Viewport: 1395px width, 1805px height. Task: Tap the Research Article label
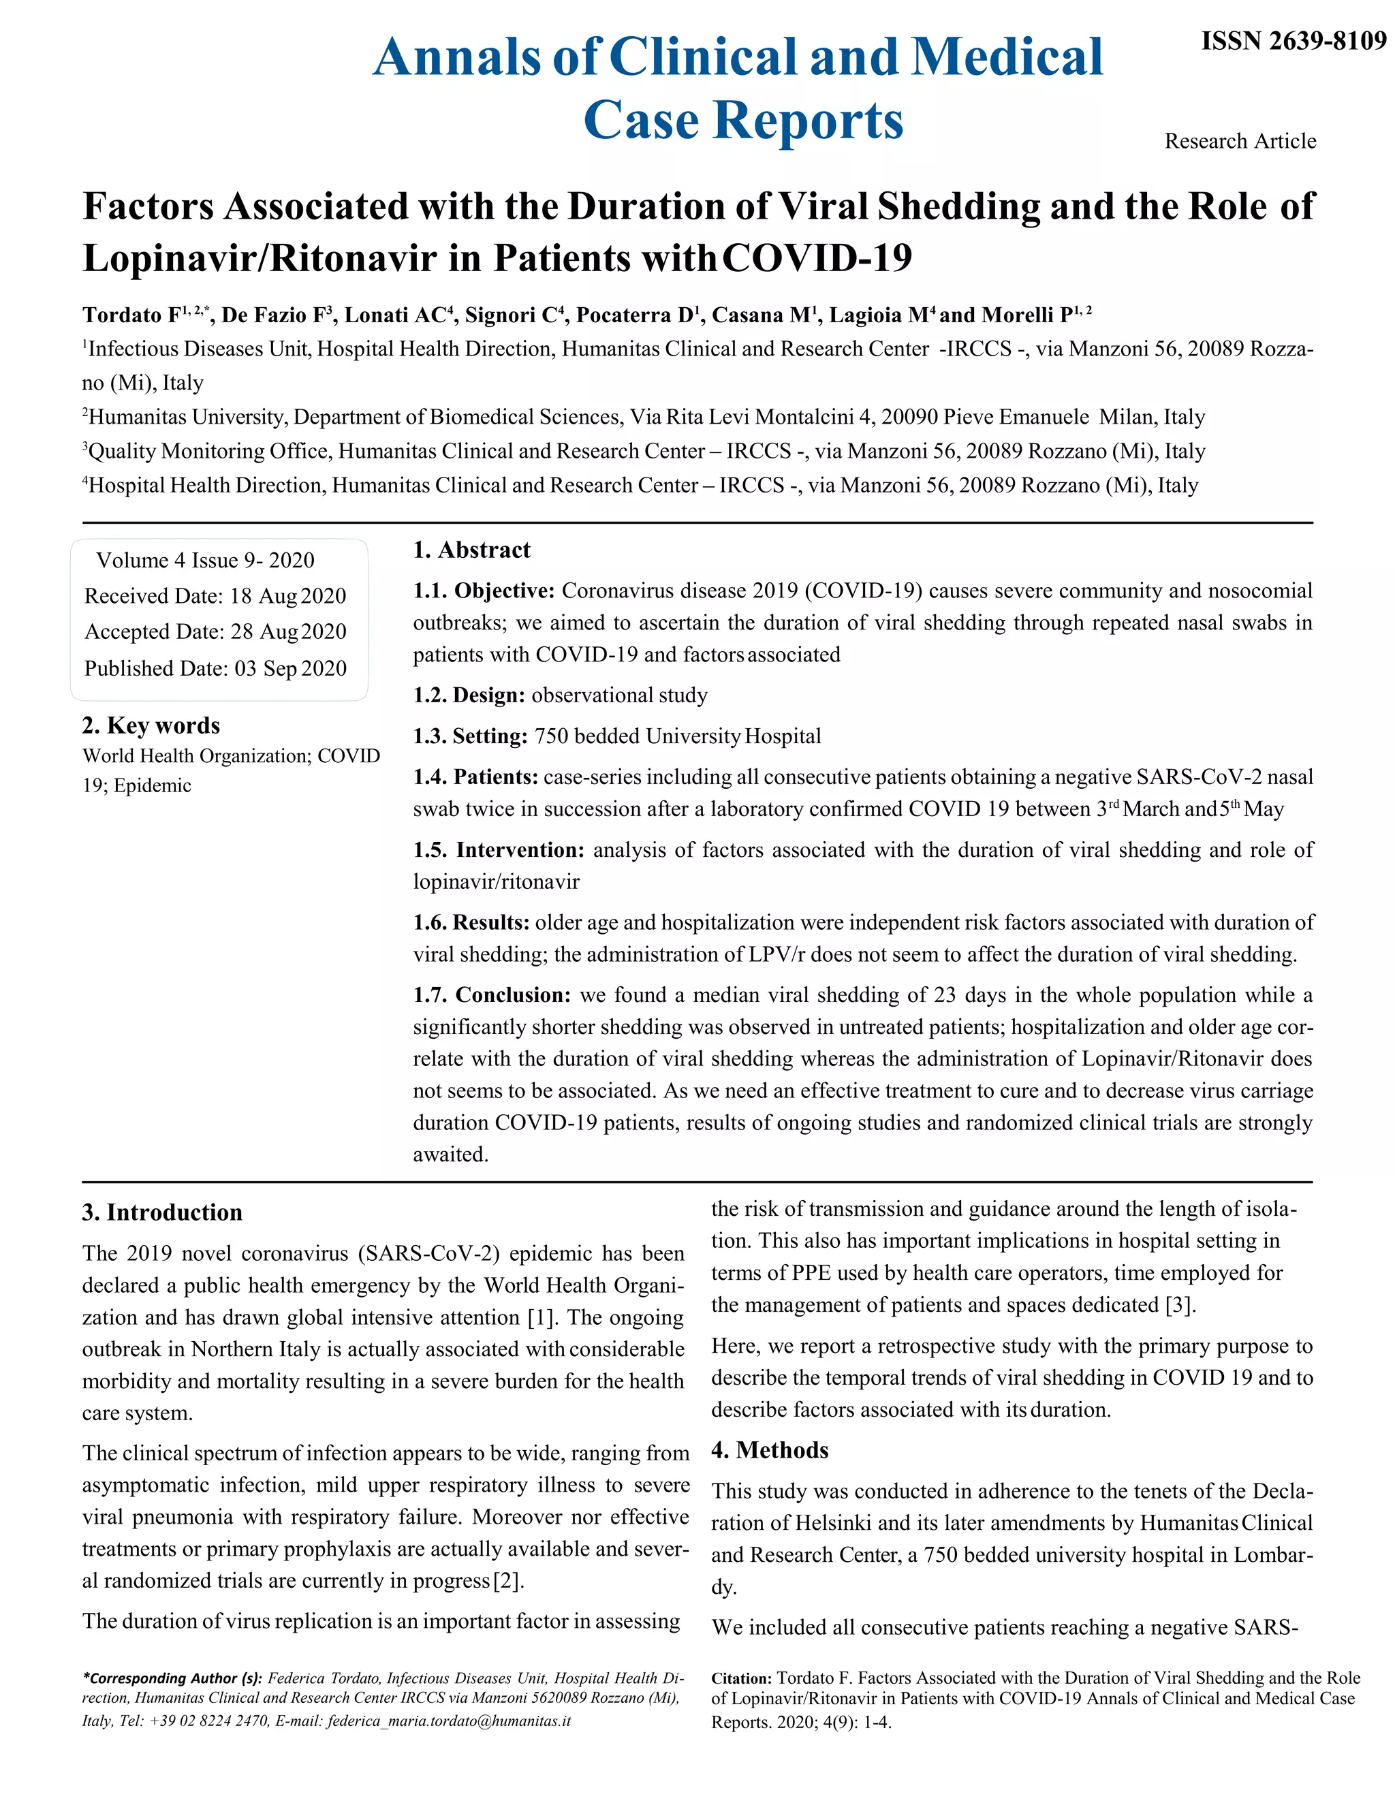1240,141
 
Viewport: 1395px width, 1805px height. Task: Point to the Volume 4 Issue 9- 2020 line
205,561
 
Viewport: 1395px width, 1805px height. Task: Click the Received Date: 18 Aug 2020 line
215,596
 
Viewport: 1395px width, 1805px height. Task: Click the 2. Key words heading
151,725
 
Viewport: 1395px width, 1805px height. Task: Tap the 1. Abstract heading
471,550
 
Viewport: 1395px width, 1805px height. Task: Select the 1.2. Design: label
469,695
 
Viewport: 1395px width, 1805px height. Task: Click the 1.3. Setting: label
469,736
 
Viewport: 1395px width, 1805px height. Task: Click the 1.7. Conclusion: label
492,994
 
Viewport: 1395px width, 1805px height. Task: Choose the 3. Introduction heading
162,1212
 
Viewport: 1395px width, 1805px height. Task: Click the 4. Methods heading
770,1449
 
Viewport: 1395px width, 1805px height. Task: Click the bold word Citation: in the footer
741,1678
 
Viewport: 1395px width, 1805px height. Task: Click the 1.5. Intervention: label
499,849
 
